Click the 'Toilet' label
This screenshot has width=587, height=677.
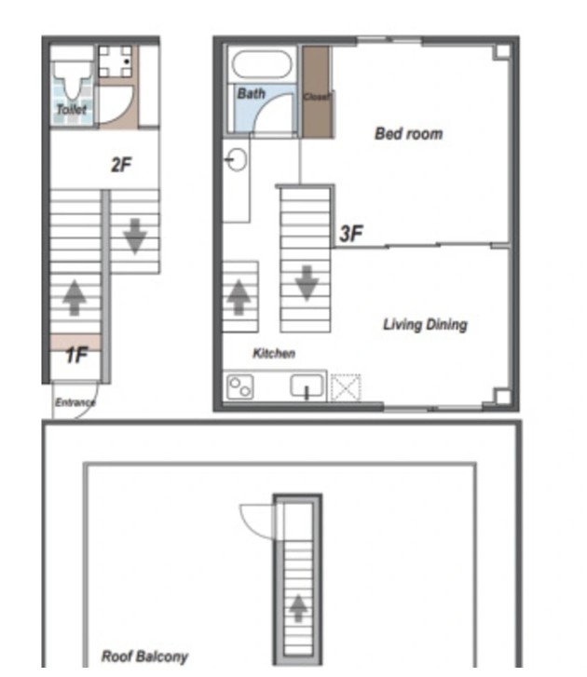pyautogui.click(x=72, y=109)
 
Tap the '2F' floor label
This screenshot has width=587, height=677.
pyautogui.click(x=121, y=165)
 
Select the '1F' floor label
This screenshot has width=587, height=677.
pyautogui.click(x=77, y=356)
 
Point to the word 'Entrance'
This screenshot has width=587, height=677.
pyautogui.click(x=75, y=402)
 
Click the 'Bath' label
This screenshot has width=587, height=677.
pyautogui.click(x=252, y=93)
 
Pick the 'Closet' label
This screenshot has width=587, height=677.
pyautogui.click(x=318, y=97)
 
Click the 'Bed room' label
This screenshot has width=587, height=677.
pyautogui.click(x=409, y=134)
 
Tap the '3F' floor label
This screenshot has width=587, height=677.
pyautogui.click(x=351, y=234)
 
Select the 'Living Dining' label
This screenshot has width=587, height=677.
pyautogui.click(x=425, y=325)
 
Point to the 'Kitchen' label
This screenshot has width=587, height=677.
pyautogui.click(x=274, y=353)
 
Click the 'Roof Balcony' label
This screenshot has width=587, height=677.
pyautogui.click(x=144, y=657)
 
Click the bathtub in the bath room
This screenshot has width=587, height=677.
pyautogui.click(x=262, y=64)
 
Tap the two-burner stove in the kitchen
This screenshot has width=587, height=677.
pyautogui.click(x=240, y=387)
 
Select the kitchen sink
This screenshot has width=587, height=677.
pyautogui.click(x=307, y=386)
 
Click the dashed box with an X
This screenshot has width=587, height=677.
pyautogui.click(x=346, y=388)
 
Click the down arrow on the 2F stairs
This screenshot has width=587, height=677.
pyautogui.click(x=135, y=237)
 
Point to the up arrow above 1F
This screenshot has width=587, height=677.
pyautogui.click(x=75, y=298)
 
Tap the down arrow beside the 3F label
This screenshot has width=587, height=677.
pyautogui.click(x=307, y=283)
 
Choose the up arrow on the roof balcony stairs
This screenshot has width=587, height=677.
pyautogui.click(x=298, y=608)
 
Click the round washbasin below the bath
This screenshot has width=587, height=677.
pyautogui.click(x=237, y=160)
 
